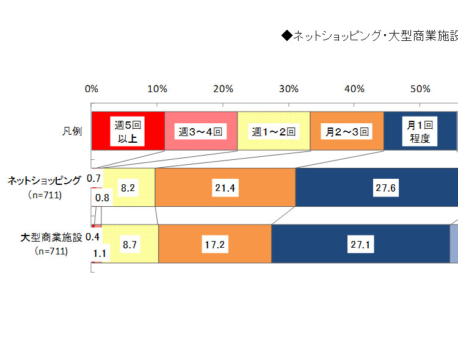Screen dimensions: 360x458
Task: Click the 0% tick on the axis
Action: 92,90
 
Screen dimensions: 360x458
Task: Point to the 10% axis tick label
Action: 158,90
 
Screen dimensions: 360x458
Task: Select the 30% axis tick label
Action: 289,90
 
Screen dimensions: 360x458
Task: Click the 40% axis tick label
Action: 355,90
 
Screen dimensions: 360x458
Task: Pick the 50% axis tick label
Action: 421,90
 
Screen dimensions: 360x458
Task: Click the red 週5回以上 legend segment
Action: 128,131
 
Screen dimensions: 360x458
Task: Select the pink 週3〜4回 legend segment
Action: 201,131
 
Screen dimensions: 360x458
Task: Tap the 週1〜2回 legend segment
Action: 274,131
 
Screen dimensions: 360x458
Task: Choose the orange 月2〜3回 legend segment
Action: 347,131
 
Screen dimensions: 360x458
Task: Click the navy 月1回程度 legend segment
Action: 420,131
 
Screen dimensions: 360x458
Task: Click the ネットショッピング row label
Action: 44,181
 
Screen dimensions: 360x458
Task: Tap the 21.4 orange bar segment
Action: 225,188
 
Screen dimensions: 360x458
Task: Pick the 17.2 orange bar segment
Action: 214,245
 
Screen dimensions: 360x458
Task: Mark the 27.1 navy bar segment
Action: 360,245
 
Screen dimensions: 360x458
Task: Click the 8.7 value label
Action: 129,245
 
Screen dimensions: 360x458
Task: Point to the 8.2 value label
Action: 128,188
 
